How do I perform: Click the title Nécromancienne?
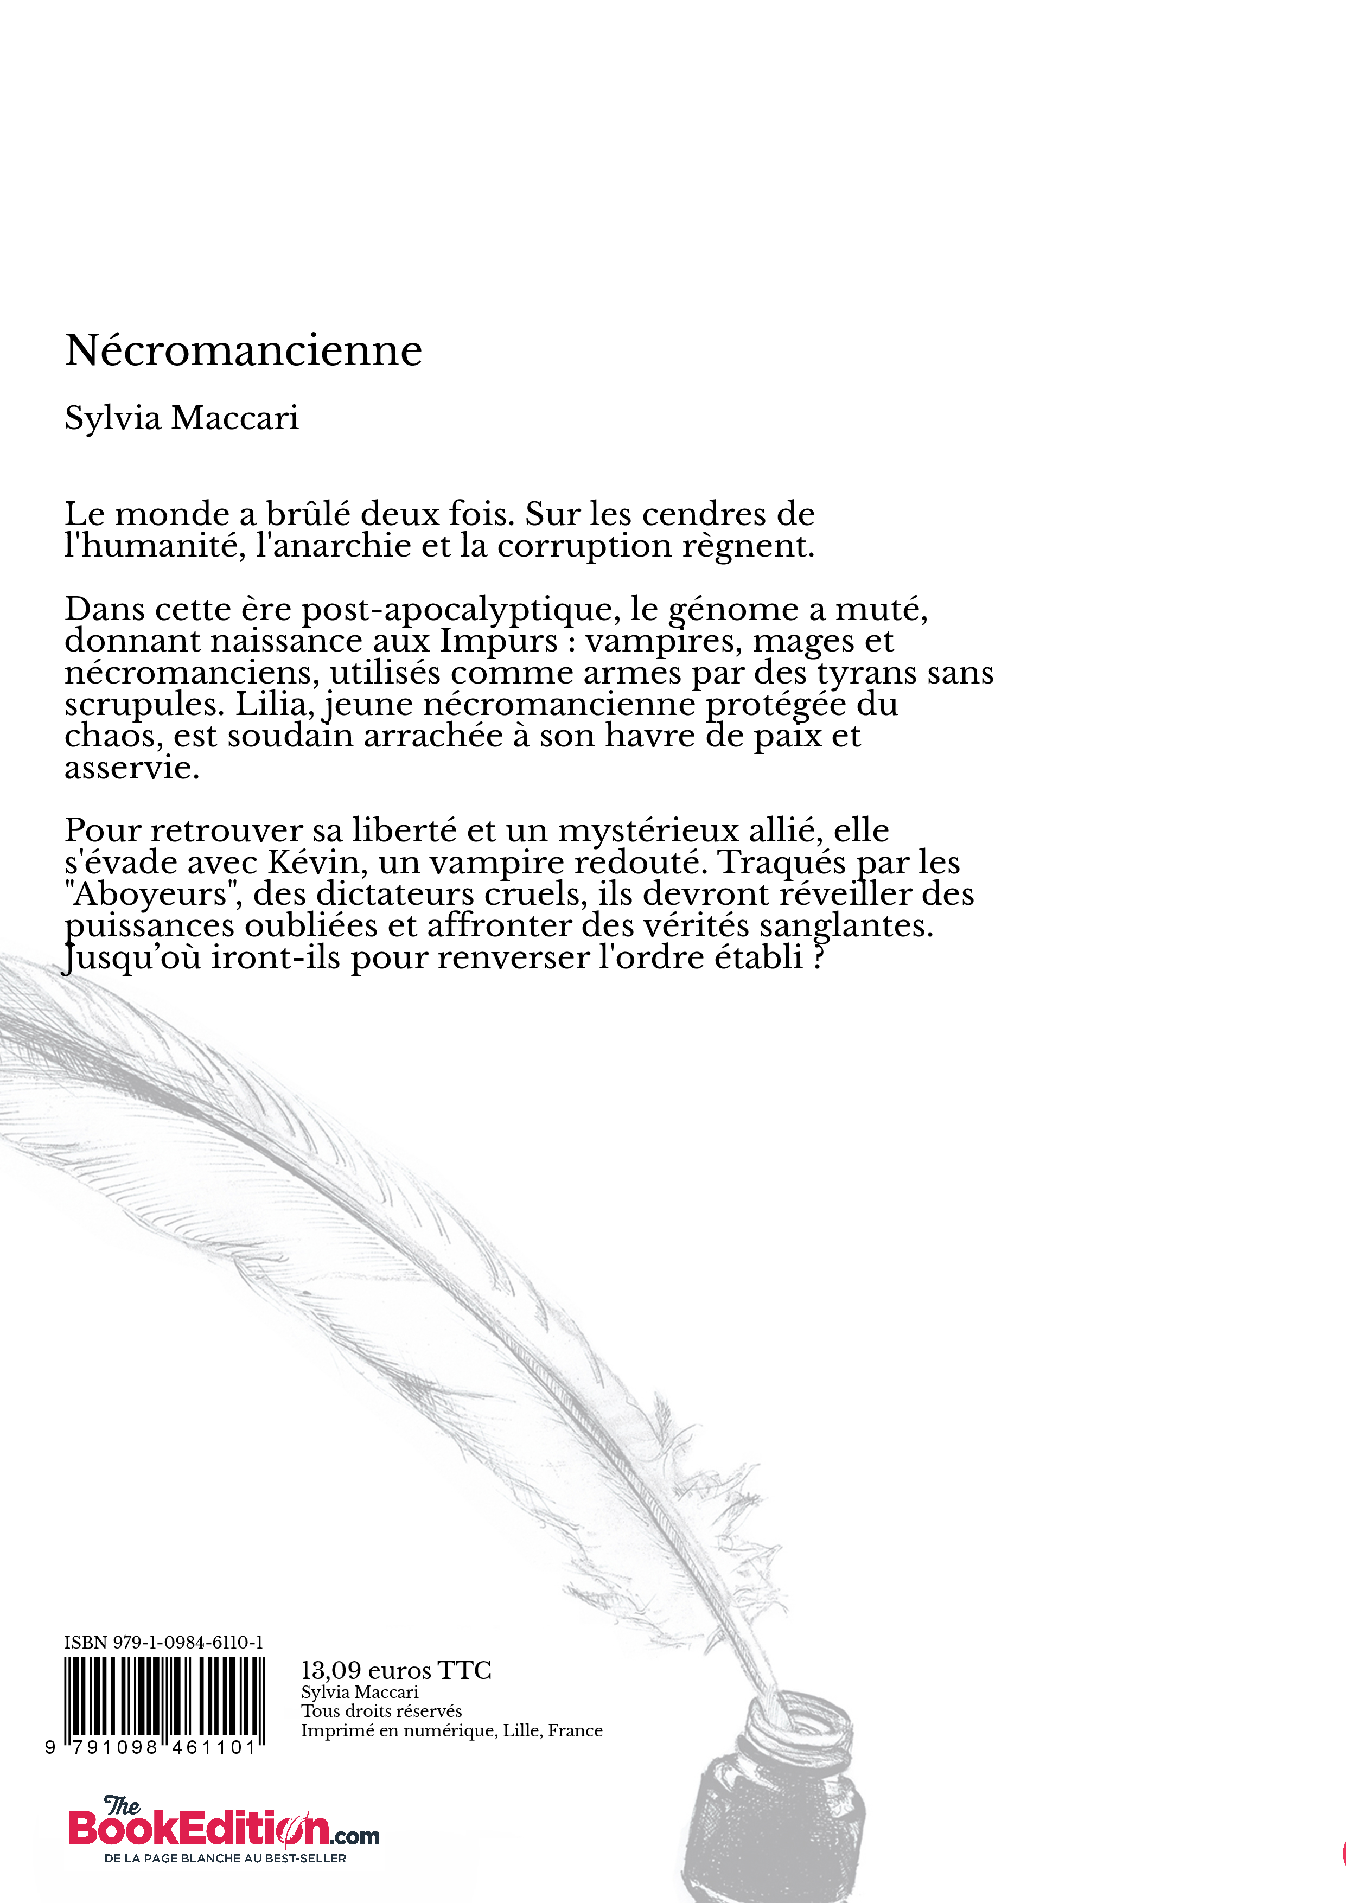pyautogui.click(x=244, y=350)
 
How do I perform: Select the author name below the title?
pyautogui.click(x=182, y=418)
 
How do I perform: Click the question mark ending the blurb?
pyautogui.click(x=819, y=957)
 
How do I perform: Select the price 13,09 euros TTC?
pyautogui.click(x=396, y=1670)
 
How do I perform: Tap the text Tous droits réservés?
pyautogui.click(x=381, y=1711)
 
